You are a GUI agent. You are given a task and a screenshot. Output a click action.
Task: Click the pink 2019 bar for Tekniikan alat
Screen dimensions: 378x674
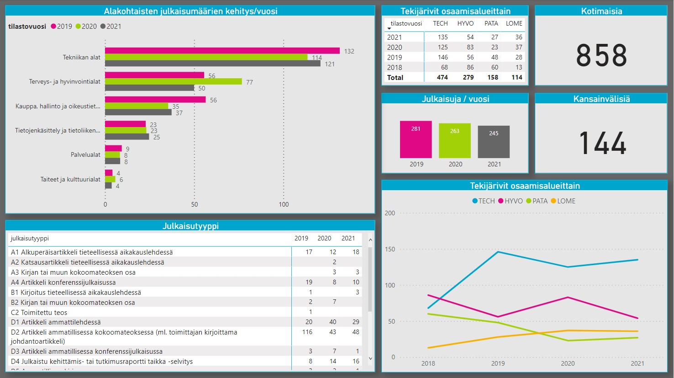click(x=222, y=51)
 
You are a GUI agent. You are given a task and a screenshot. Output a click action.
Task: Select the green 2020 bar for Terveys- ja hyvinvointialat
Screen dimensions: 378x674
click(x=174, y=81)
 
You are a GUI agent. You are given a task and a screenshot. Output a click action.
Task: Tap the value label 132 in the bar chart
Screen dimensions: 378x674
click(x=349, y=51)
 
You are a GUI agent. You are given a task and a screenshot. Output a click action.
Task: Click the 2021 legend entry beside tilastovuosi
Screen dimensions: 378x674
click(x=111, y=27)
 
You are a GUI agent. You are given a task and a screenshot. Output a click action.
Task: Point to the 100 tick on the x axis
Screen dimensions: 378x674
click(x=284, y=204)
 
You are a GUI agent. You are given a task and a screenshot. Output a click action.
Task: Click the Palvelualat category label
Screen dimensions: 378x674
click(x=85, y=155)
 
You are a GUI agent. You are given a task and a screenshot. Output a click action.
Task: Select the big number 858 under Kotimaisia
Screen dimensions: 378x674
click(x=601, y=56)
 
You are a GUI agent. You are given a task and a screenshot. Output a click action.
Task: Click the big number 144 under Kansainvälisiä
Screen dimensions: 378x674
click(x=601, y=143)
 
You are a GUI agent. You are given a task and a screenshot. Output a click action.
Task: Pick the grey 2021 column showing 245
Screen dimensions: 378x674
click(x=494, y=142)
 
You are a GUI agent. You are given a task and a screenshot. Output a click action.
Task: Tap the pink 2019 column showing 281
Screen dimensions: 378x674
click(x=416, y=139)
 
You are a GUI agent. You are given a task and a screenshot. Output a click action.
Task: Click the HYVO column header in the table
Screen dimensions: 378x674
click(x=465, y=23)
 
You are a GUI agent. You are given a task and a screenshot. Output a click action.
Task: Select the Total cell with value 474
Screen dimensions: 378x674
click(x=442, y=78)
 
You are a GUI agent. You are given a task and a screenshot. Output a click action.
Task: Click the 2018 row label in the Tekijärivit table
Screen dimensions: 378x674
click(x=395, y=67)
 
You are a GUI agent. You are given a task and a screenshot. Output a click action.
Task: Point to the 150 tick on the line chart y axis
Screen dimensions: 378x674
click(x=390, y=249)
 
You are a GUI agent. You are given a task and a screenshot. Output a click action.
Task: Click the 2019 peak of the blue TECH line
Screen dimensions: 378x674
click(x=498, y=252)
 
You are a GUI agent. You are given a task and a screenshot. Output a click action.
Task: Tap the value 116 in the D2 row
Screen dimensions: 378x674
click(x=307, y=332)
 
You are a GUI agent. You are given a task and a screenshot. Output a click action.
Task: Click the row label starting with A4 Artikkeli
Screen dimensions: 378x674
click(x=63, y=282)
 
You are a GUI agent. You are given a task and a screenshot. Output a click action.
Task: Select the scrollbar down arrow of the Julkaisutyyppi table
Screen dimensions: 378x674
click(x=370, y=358)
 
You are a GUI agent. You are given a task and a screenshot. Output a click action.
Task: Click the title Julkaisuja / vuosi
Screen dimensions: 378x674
click(x=455, y=99)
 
